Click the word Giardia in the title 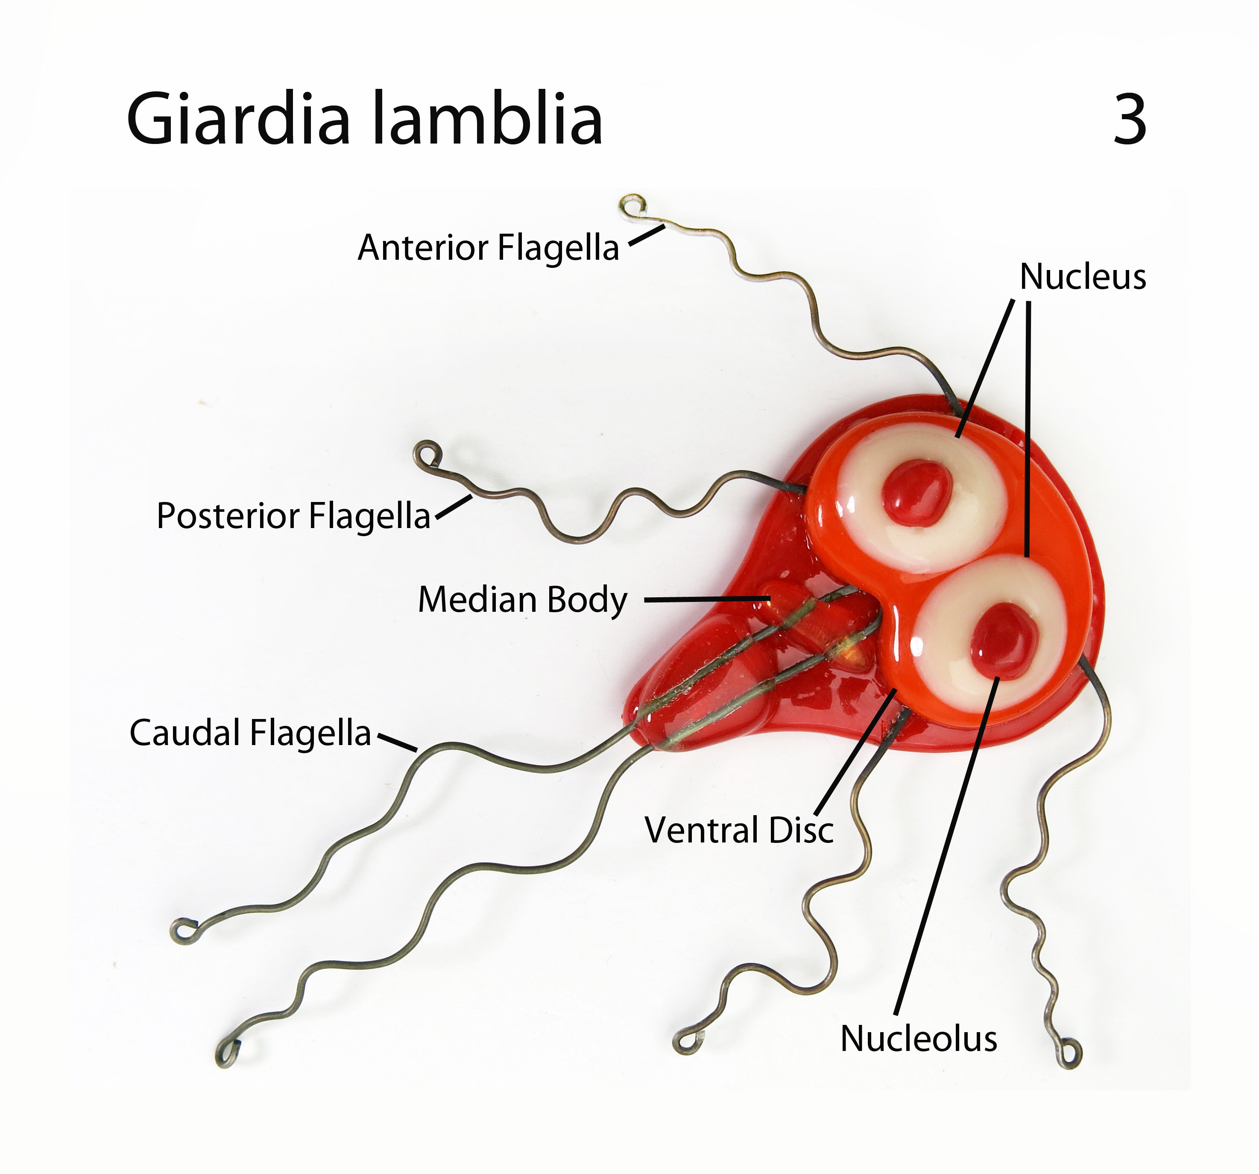click(x=238, y=118)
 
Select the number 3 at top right click(x=1129, y=118)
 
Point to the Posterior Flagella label click(x=293, y=515)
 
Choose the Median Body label click(x=522, y=599)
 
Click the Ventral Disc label click(x=739, y=830)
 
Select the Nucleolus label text click(x=918, y=1039)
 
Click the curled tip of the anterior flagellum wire click(x=633, y=207)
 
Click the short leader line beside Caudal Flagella click(x=398, y=743)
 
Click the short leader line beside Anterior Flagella click(x=647, y=235)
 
